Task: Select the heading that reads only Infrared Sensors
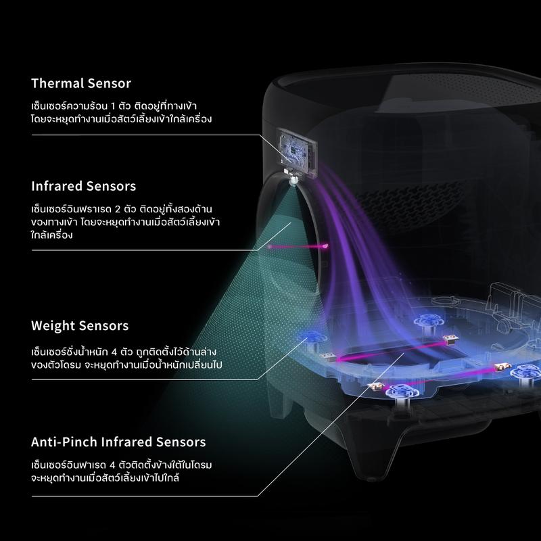(83, 185)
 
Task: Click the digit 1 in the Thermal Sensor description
(111, 107)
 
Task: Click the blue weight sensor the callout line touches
(314, 334)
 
